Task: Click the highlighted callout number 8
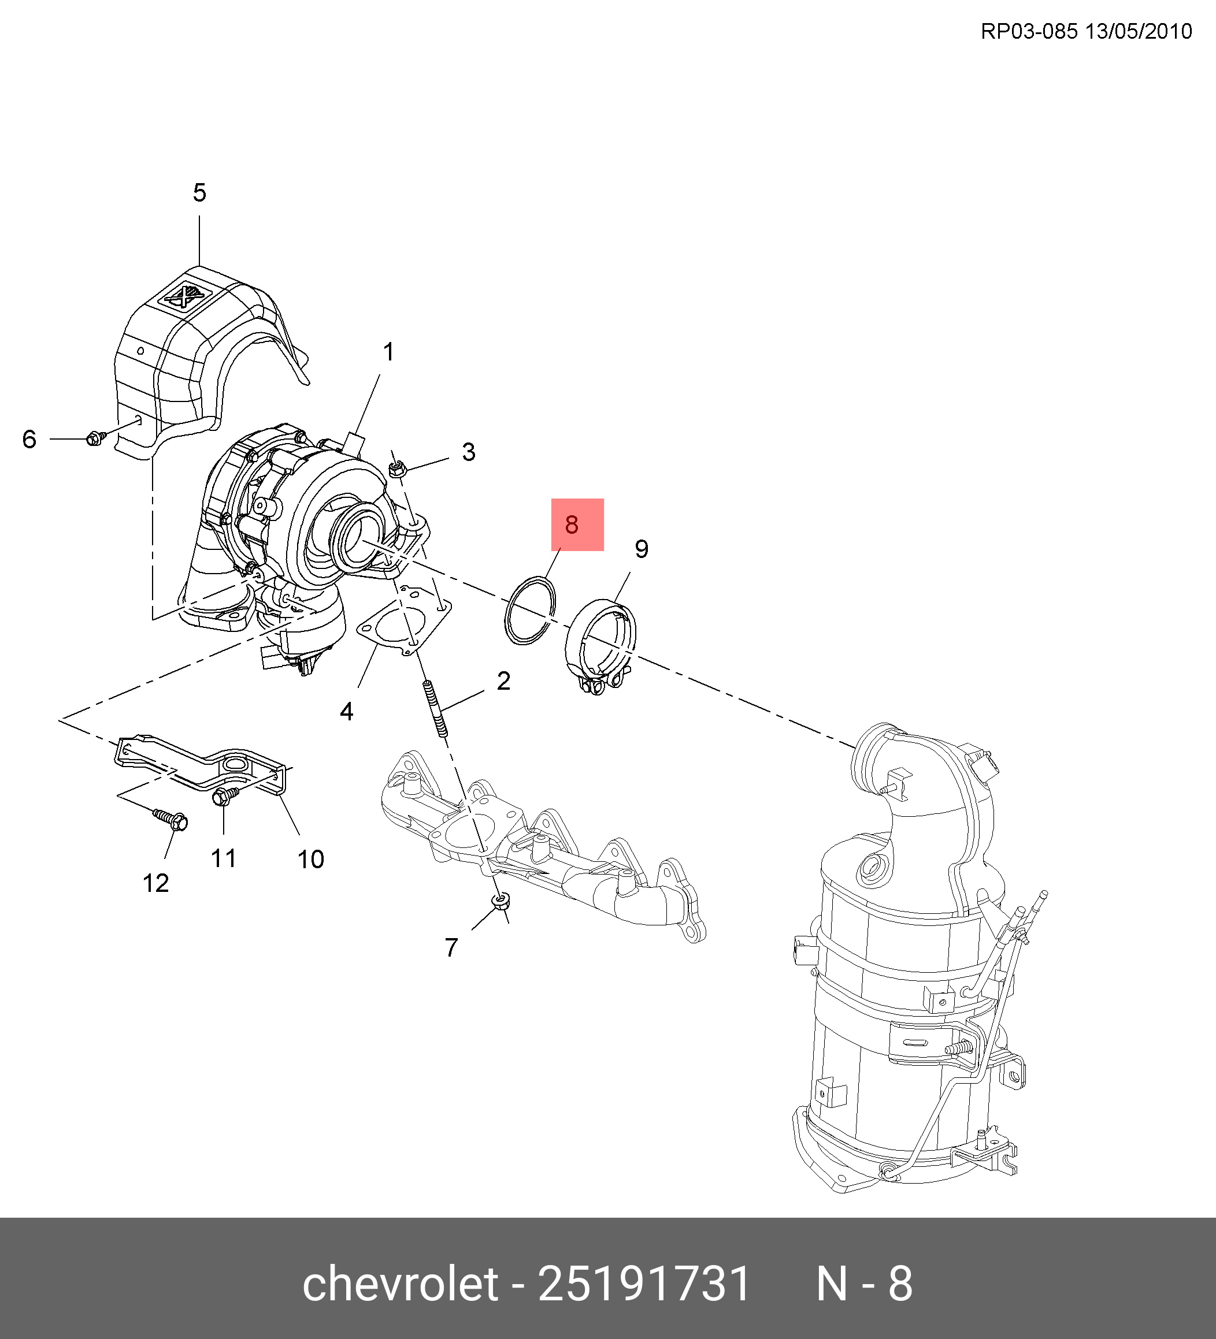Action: point(572,525)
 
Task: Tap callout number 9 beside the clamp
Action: point(641,549)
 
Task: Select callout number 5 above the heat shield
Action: point(199,192)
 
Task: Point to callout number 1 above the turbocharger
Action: point(389,352)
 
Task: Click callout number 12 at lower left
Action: point(156,883)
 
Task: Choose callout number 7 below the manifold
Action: point(452,948)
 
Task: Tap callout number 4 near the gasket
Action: point(346,711)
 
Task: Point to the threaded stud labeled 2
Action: point(435,709)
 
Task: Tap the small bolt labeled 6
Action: point(96,438)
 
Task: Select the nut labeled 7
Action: point(500,901)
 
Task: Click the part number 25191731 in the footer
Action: point(644,1283)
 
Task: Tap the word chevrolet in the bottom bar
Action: point(400,1283)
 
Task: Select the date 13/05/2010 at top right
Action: point(1139,31)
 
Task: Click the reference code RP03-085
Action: point(1029,31)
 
